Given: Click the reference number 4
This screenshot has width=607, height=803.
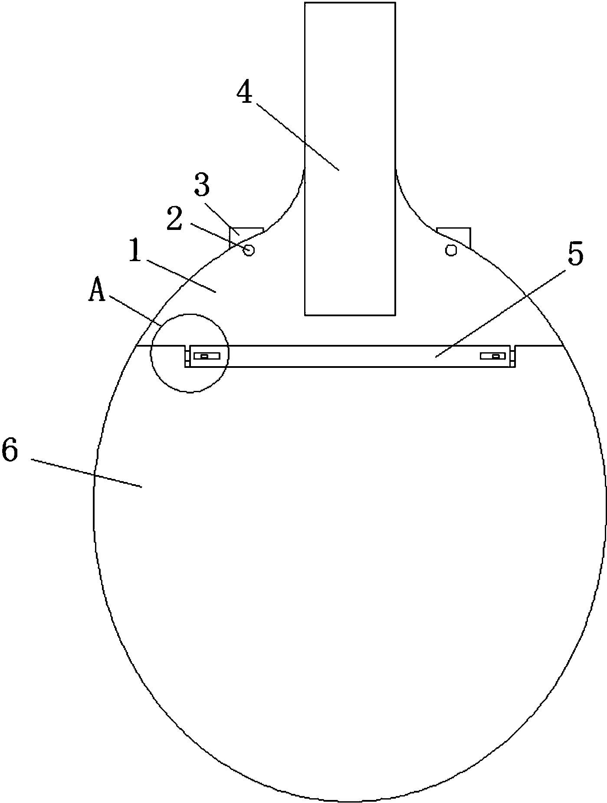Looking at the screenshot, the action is (245, 93).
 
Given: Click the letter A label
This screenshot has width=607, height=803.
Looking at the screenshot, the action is (97, 290).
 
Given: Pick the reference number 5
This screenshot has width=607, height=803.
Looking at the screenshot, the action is (575, 255).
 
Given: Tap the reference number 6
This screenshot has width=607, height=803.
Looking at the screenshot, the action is (10, 450).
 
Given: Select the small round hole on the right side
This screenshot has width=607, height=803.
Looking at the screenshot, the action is (451, 250).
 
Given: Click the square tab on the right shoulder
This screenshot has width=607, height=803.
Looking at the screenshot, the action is (454, 237).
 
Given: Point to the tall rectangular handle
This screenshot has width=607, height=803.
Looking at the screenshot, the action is (350, 158).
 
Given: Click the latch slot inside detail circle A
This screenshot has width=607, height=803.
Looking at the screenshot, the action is (207, 356).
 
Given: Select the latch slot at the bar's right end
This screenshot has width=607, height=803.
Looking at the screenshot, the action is (493, 356).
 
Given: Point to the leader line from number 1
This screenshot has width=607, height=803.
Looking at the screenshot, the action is (181, 276).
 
